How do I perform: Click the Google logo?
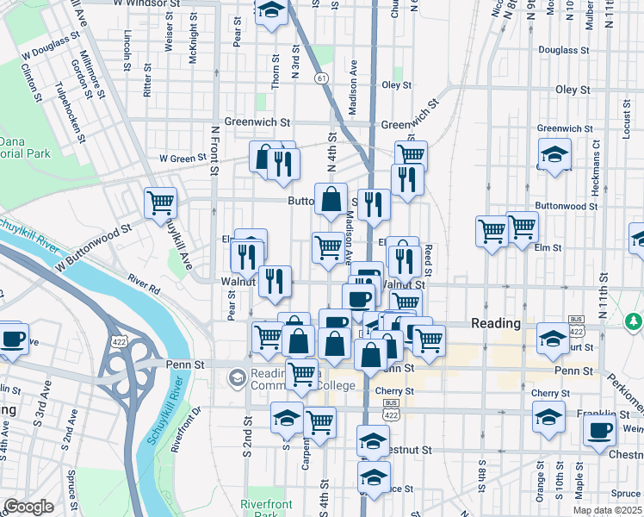tap(28, 507)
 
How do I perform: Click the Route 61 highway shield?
tap(321, 78)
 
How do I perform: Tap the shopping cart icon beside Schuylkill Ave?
tap(161, 204)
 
